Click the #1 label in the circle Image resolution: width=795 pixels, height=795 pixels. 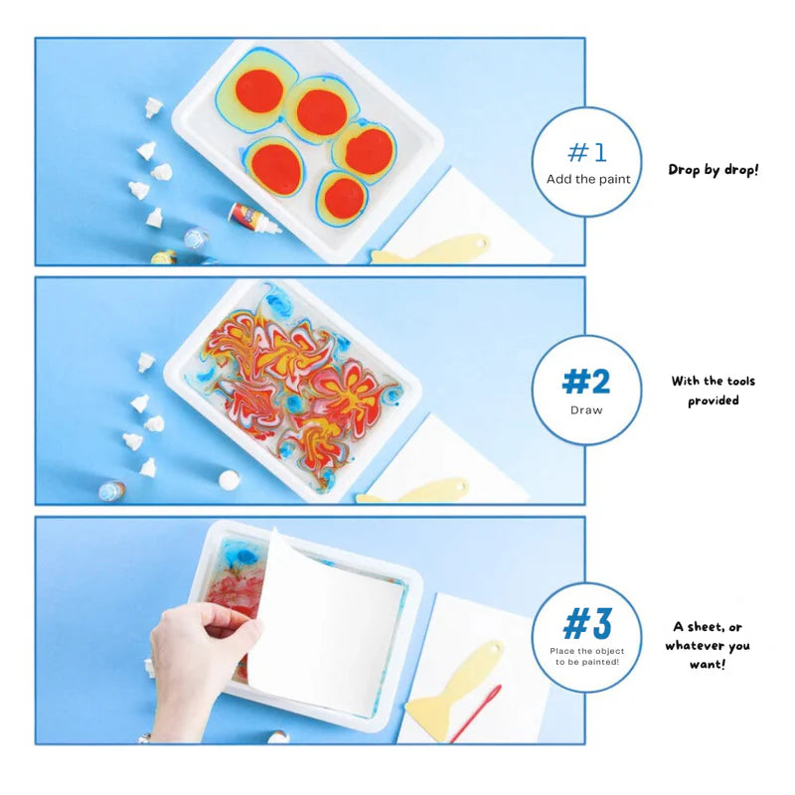click(x=586, y=152)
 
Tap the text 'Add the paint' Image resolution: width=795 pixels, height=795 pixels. click(x=586, y=180)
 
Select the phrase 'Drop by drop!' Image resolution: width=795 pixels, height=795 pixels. click(x=713, y=170)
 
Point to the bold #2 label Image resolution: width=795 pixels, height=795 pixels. click(x=586, y=382)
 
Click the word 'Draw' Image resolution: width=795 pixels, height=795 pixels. click(x=586, y=409)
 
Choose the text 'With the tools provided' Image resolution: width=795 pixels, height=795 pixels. click(x=713, y=391)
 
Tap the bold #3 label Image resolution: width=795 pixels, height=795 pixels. click(x=586, y=624)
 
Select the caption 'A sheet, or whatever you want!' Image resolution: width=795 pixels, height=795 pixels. click(x=708, y=645)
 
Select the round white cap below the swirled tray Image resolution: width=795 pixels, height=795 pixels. click(x=229, y=479)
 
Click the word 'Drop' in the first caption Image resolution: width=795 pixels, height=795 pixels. click(x=684, y=170)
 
